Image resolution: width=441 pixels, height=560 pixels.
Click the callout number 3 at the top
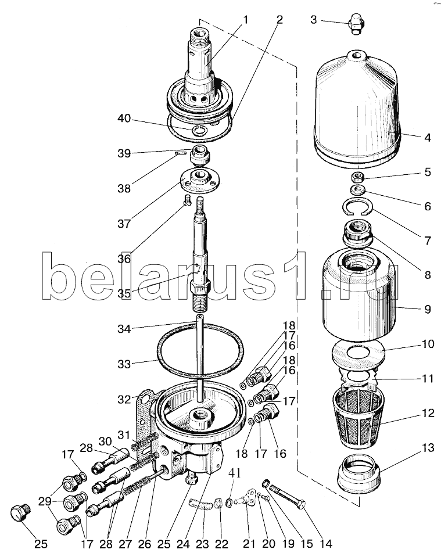[313, 20]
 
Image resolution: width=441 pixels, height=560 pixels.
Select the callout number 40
[124, 118]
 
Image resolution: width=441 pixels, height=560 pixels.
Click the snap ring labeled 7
[359, 207]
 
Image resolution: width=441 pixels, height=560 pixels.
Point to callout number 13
[428, 448]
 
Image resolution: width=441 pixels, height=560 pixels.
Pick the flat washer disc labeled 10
[358, 353]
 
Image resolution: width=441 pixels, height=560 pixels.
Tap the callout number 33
[124, 364]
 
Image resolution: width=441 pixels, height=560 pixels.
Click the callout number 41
[234, 473]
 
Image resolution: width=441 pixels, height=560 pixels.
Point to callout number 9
[428, 309]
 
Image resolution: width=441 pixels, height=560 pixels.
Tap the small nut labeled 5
[357, 177]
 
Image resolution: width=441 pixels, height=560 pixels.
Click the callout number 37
[124, 224]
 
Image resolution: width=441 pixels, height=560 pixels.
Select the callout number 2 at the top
[279, 20]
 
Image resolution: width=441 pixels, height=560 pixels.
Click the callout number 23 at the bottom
[202, 544]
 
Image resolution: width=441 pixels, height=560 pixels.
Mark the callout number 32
[124, 399]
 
